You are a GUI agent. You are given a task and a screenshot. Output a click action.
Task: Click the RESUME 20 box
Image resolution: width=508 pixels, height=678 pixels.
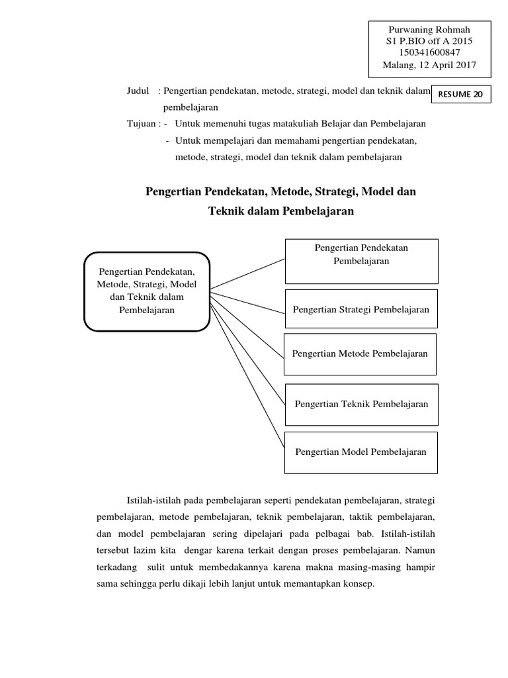(460, 94)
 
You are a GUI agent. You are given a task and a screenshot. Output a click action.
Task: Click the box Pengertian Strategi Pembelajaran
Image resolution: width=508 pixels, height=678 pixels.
(361, 309)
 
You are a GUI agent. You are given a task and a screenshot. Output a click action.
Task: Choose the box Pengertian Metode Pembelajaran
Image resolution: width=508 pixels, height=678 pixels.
(360, 354)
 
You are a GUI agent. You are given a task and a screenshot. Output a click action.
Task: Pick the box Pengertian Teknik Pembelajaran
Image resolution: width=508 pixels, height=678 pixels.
(361, 404)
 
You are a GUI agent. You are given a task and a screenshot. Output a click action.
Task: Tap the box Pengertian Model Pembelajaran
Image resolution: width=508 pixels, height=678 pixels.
(361, 452)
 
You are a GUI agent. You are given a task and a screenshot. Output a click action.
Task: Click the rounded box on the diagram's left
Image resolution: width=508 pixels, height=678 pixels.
(147, 291)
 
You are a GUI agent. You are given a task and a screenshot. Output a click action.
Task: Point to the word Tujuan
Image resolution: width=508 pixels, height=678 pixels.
(142, 123)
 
